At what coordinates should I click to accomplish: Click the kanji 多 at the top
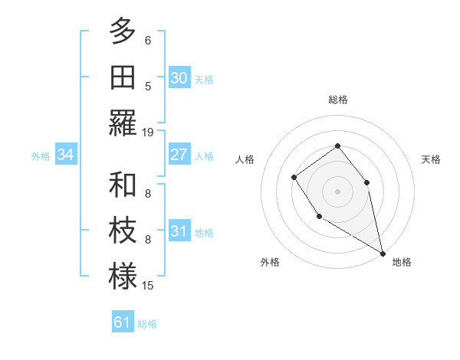(123, 31)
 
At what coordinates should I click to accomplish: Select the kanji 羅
(123, 122)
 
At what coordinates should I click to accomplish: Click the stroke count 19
(148, 132)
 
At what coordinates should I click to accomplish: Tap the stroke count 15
(148, 285)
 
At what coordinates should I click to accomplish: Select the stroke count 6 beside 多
(148, 41)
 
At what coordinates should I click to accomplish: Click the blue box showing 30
(179, 78)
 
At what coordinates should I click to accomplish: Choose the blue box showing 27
(179, 155)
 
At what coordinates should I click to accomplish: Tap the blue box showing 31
(179, 231)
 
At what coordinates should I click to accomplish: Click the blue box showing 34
(66, 155)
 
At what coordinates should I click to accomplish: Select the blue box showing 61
(122, 322)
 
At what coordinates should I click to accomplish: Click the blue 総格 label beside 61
(147, 324)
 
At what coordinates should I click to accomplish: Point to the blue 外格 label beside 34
(41, 156)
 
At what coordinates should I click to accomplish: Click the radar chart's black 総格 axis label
(337, 100)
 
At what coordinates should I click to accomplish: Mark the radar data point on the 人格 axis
(294, 178)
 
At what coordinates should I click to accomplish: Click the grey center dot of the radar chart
(337, 191)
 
